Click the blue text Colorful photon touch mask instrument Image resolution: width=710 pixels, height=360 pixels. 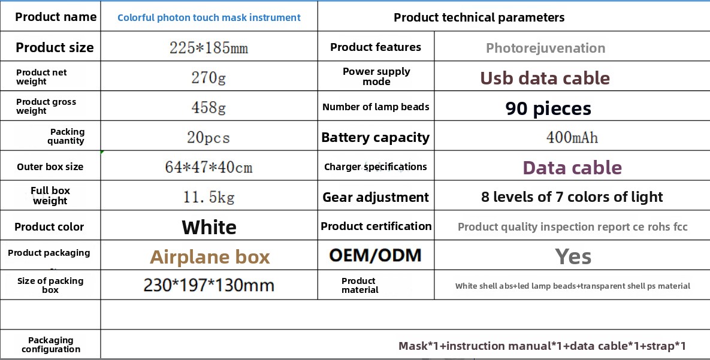click(x=209, y=17)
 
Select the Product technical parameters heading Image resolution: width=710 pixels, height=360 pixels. click(x=479, y=17)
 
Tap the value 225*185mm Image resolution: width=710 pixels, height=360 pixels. click(x=209, y=47)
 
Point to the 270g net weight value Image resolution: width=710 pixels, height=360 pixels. click(x=209, y=77)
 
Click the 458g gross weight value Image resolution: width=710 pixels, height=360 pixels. click(x=209, y=107)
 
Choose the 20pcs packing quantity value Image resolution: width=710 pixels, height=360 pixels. click(x=209, y=137)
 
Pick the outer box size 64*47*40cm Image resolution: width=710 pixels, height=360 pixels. click(x=209, y=167)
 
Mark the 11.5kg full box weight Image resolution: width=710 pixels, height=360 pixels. click(x=209, y=197)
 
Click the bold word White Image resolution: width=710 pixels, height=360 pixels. click(x=209, y=227)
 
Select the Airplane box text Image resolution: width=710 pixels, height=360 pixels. click(x=210, y=257)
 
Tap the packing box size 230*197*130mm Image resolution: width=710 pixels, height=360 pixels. click(x=209, y=285)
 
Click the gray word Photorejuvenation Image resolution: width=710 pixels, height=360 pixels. click(x=545, y=48)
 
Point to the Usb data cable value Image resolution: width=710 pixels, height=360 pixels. click(x=545, y=78)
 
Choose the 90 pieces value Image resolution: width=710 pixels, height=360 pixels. click(x=548, y=108)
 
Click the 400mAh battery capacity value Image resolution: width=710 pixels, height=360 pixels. click(x=572, y=137)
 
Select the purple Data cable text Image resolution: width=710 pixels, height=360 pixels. click(x=572, y=168)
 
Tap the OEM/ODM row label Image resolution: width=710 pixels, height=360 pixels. click(x=376, y=255)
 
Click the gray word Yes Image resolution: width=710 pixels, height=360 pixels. click(x=573, y=257)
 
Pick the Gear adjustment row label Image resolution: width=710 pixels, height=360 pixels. click(x=376, y=198)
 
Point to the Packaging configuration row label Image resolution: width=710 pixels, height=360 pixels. click(x=51, y=344)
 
